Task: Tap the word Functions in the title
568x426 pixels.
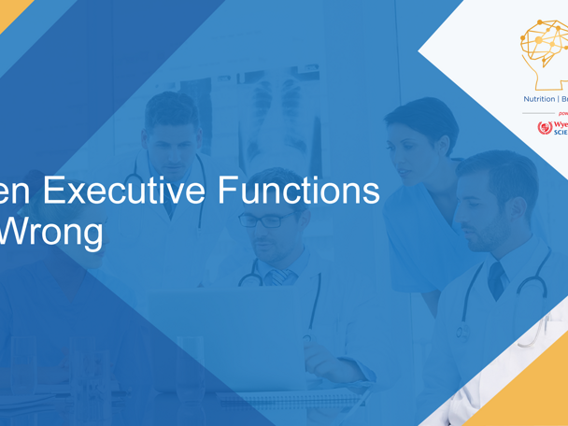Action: coord(298,191)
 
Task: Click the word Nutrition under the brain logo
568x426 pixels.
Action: coord(538,99)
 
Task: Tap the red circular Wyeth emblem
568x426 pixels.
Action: coord(545,127)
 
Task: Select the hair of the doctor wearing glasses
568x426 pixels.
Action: coord(271,182)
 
